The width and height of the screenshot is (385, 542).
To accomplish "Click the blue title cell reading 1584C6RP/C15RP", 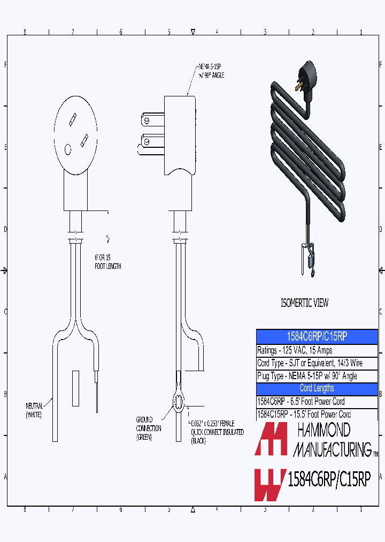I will pyautogui.click(x=317, y=336).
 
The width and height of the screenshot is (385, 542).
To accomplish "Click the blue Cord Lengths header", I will pyautogui.click(x=317, y=388).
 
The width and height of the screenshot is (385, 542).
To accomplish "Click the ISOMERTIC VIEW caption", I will pyautogui.click(x=304, y=303).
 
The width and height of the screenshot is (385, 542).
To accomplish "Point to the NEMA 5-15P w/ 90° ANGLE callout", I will pyautogui.click(x=211, y=71).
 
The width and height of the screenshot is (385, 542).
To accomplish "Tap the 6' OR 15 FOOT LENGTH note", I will pyautogui.click(x=107, y=262).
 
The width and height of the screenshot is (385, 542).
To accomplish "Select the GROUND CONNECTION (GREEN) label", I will pyautogui.click(x=144, y=428).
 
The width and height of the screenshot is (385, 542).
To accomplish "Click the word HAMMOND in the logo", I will pyautogui.click(x=323, y=430).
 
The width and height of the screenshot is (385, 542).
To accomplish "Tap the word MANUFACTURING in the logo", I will pyautogui.click(x=334, y=449).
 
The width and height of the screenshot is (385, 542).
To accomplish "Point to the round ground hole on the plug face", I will pyautogui.click(x=68, y=149).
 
